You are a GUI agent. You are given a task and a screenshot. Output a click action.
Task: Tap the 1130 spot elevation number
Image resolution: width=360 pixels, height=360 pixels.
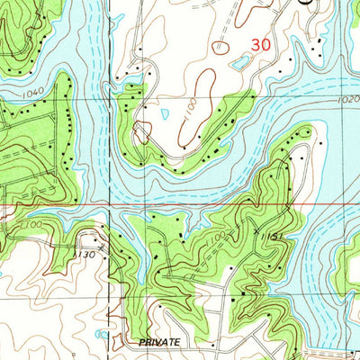pyautogui.click(x=86, y=255)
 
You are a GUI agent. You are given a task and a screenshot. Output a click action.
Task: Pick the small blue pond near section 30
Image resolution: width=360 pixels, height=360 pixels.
pyautogui.click(x=241, y=62)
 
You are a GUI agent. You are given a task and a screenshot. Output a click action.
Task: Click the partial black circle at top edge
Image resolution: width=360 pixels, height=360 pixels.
pyautogui.click(x=306, y=3)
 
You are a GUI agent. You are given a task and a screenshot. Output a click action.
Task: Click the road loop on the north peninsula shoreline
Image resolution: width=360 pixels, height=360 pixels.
pyautogui.click(x=140, y=134)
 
